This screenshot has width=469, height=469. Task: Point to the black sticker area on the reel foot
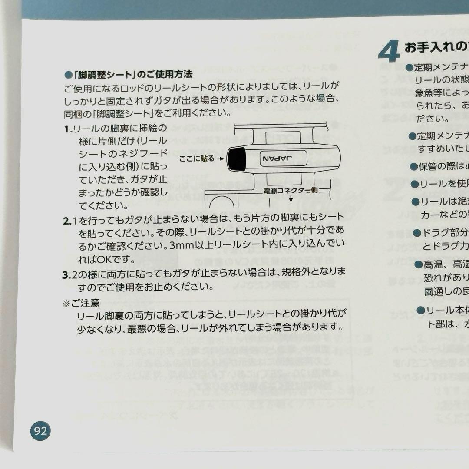[x=237, y=159]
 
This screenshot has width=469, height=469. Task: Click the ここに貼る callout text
[x=197, y=159]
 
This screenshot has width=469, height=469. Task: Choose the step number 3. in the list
[x=67, y=272]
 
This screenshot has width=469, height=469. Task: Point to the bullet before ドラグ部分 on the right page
[x=416, y=234]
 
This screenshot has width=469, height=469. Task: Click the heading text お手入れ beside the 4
[x=428, y=47]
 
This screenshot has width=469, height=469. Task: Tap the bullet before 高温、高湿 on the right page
[x=417, y=264]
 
